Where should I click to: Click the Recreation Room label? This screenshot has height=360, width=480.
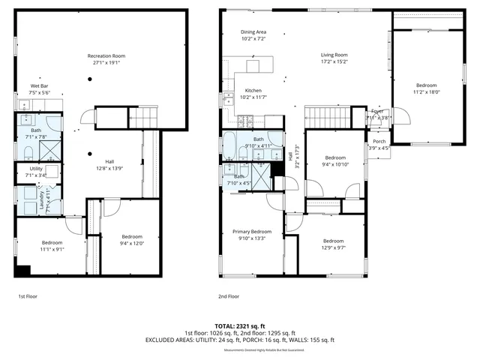[x=106, y=56]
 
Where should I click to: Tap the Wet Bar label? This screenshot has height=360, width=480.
[x=40, y=86]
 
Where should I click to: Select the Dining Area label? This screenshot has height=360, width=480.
[x=253, y=32]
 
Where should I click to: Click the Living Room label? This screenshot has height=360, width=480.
[x=334, y=55]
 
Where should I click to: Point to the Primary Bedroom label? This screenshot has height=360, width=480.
[x=251, y=232]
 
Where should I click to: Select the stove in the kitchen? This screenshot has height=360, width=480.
[x=245, y=121]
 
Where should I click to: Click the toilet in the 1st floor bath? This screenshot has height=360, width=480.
[x=25, y=152]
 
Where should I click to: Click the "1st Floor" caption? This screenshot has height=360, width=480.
[x=28, y=297]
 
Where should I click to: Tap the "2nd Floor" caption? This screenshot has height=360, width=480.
[x=228, y=297]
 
